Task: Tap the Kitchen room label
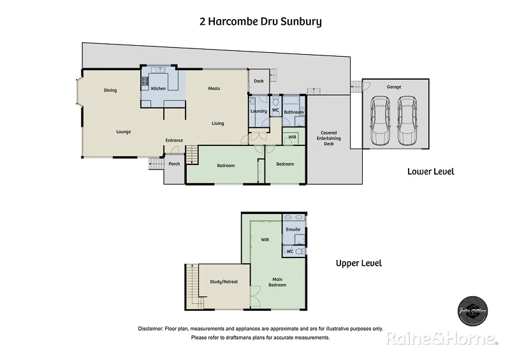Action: pos(159,89)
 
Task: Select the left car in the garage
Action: pos(381,120)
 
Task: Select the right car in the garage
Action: pos(408,120)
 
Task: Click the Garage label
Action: pos(394,87)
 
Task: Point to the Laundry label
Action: pos(259,112)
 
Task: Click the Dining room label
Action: pos(110,90)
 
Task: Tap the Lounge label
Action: pos(124,132)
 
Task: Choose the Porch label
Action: pos(174,164)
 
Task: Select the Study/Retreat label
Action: pos(224,282)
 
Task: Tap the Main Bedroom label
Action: pos(277,282)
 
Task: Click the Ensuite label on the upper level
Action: pos(293,229)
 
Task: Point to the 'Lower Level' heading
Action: pos(431,171)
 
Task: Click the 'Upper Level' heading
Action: pos(359,263)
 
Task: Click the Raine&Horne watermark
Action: pos(441,338)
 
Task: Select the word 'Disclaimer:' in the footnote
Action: pos(150,329)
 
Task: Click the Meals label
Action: pos(214,89)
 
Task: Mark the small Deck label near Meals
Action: pos(258,81)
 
